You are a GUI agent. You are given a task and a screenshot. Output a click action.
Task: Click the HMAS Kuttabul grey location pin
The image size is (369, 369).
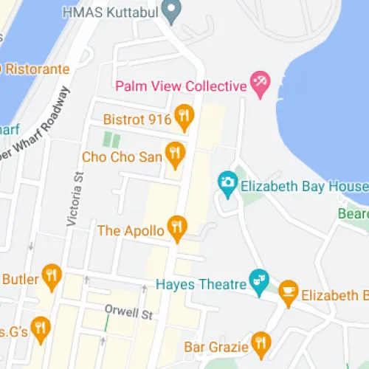coord(172,10)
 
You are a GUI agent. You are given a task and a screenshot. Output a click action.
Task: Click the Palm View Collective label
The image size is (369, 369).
coord(180,86)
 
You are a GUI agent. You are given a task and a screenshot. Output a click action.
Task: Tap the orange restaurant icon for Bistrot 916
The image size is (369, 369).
coord(183,117)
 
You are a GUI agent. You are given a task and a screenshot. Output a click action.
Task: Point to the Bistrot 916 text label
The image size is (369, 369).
coord(137,117)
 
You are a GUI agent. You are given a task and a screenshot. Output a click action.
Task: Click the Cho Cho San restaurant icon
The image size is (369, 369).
coord(174,155)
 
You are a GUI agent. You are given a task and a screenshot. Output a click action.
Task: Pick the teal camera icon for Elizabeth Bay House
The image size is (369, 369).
coord(227,182)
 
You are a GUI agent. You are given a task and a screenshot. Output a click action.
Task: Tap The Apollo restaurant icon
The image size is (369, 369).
coord(176,228)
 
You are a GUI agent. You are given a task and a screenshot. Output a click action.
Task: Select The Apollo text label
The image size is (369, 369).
coord(131,230)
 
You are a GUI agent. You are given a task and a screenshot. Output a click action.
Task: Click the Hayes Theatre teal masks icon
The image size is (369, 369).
coord(258,280)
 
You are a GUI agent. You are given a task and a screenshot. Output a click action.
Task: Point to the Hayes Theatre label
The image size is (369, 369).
coord(201,283)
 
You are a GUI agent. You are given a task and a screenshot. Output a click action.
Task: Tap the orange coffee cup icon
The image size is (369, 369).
coord(288,294)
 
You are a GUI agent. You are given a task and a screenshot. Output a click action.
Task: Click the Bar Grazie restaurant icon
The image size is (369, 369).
coord(260,342)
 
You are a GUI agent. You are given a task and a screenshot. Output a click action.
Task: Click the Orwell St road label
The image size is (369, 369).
coord(128,313)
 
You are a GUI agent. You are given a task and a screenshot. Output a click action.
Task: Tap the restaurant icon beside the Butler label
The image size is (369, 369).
coord(51,276)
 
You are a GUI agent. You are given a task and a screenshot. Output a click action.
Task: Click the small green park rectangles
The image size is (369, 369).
coord(111,139)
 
